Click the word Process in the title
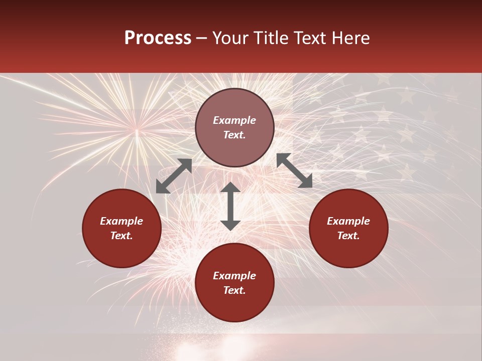[158, 38]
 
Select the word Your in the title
[230, 38]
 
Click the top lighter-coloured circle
[234, 127]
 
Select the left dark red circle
[122, 228]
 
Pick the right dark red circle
[348, 228]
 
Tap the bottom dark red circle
[234, 283]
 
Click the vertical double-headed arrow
[230, 206]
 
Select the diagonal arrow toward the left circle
[174, 176]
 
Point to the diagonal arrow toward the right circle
[295, 170]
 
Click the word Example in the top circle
[234, 120]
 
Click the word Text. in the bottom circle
[234, 290]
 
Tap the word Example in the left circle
[122, 221]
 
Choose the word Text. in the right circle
[348, 236]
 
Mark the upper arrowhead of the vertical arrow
[230, 188]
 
